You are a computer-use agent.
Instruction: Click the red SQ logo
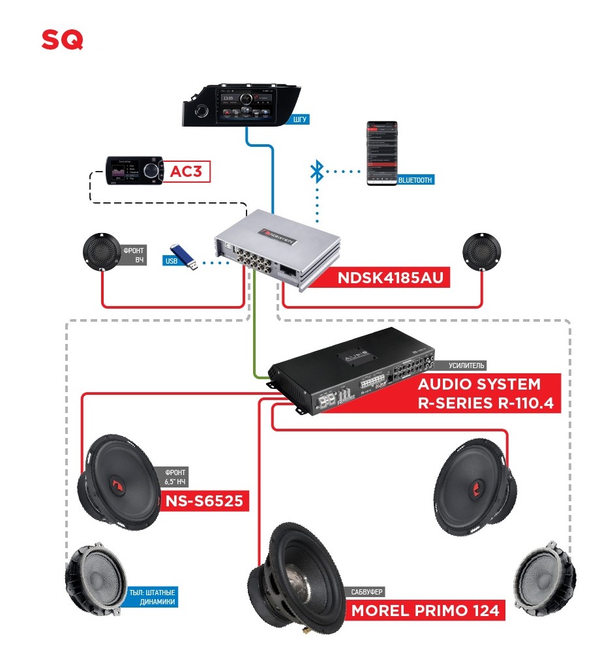[x=63, y=40]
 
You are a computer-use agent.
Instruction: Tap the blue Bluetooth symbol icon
[x=316, y=173]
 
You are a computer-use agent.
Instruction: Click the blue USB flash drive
[x=185, y=256]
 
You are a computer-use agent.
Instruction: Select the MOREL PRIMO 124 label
[x=425, y=611]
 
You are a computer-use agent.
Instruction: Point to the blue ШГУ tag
[x=299, y=119]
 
